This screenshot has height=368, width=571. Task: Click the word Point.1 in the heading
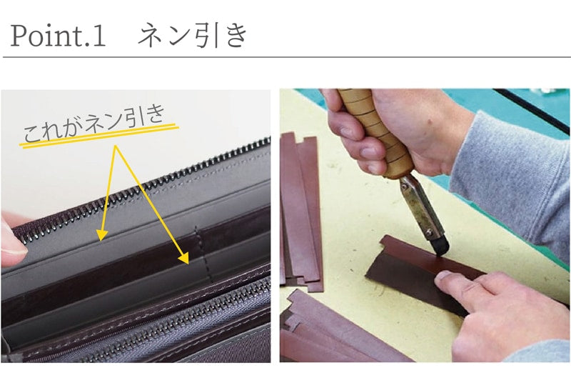pos(59,36)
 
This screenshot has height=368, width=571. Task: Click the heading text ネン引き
pos(193,36)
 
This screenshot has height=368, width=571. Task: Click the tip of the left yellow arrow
pos(100,239)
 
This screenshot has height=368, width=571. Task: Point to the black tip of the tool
pos(440,246)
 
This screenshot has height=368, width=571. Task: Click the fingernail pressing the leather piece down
pos(443,278)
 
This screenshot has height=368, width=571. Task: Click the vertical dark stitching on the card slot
pos(203,254)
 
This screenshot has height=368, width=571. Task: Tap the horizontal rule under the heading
pos(287,57)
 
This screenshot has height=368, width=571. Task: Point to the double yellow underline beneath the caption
pos(98,136)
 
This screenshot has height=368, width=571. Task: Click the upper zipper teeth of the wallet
pos(142,189)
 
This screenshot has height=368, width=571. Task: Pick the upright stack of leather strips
pos(301,212)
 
